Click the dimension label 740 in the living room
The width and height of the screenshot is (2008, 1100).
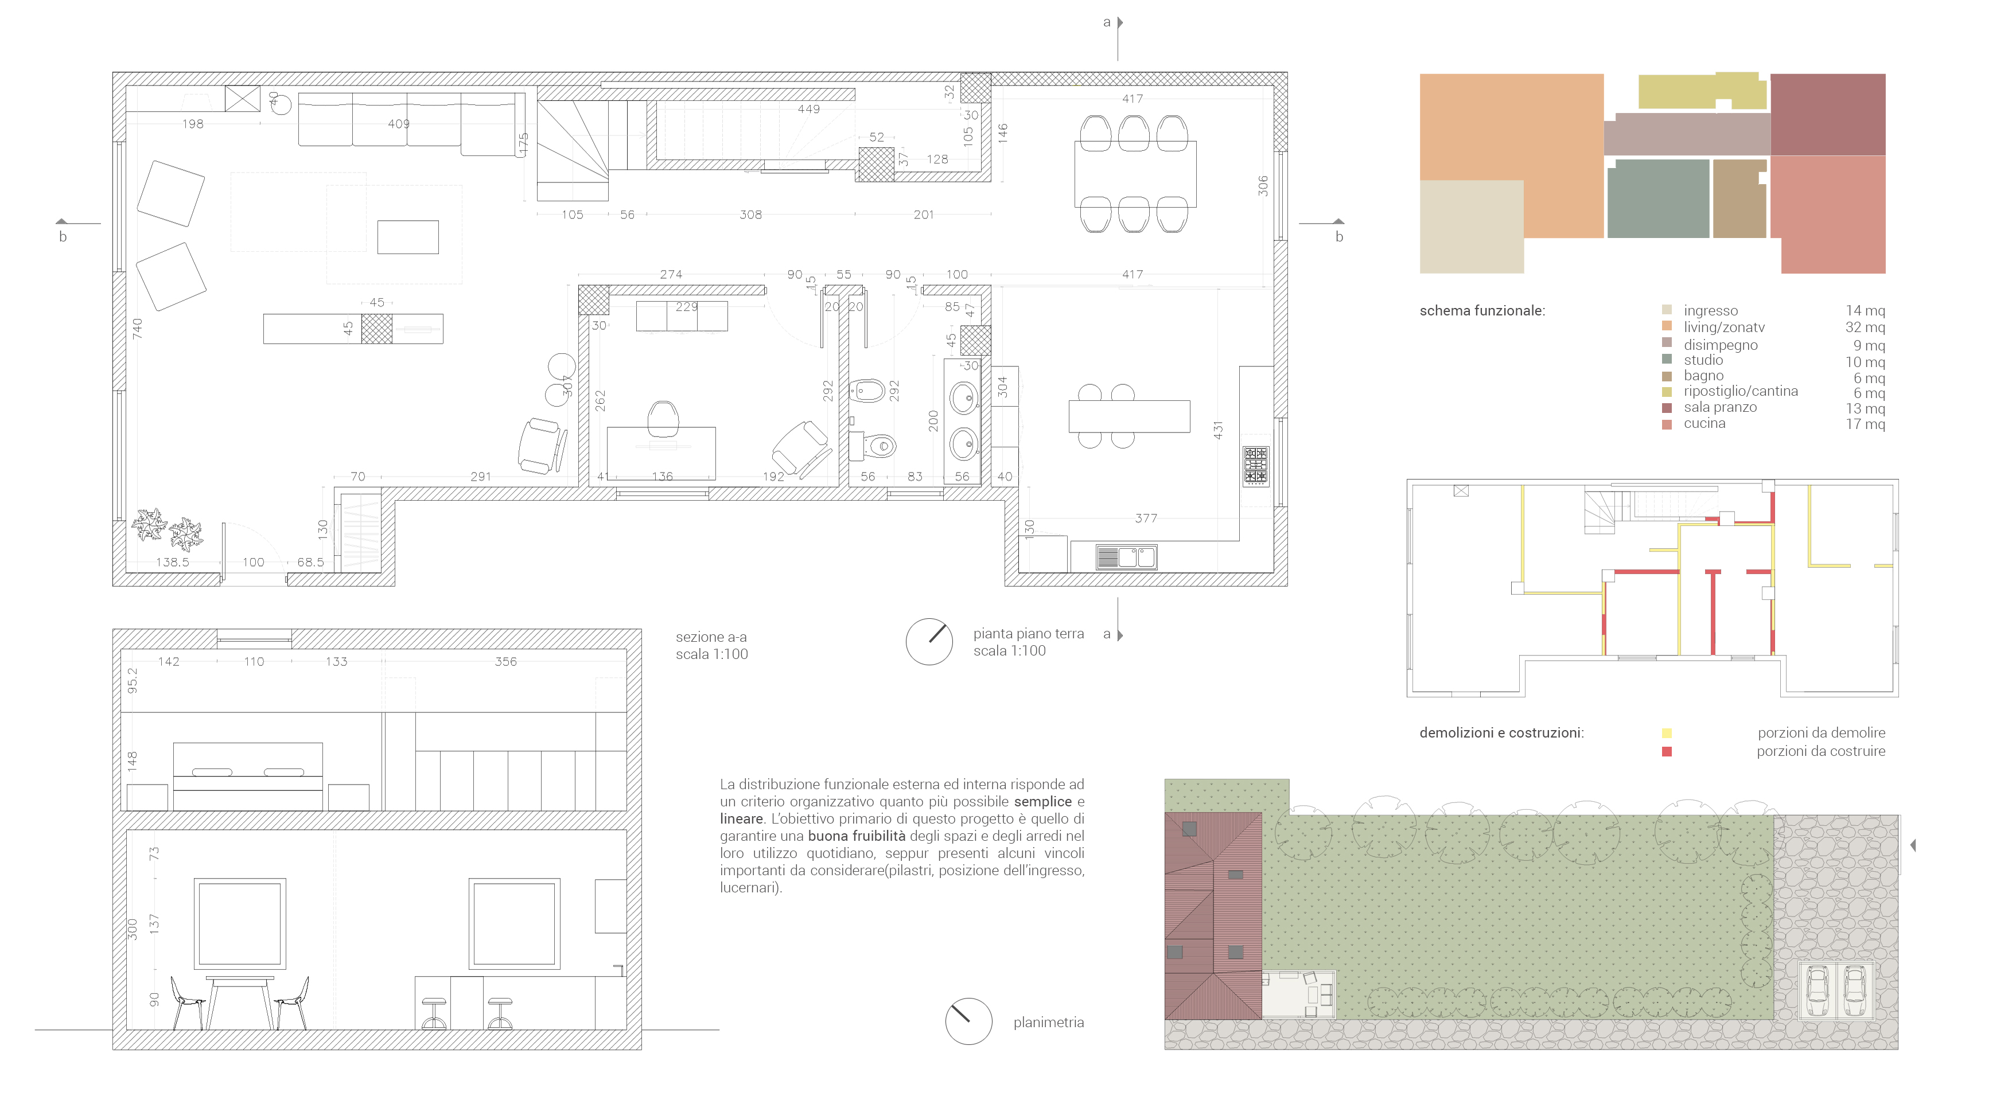(x=137, y=328)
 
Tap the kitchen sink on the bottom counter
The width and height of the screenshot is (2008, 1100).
(x=1126, y=557)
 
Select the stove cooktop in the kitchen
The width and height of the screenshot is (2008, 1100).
(x=1255, y=466)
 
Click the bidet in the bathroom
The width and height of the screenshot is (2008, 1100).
(x=867, y=389)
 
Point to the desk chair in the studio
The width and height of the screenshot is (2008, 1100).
(x=663, y=419)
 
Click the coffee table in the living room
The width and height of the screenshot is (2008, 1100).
(x=408, y=237)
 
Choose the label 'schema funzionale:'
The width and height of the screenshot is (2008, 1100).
(x=1482, y=311)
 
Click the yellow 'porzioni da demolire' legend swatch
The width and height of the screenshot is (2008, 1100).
(x=1667, y=733)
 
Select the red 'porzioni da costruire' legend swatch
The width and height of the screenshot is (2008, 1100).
(x=1667, y=752)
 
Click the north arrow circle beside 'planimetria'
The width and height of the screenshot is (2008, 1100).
(x=968, y=1021)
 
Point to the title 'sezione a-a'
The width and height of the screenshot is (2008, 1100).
(x=711, y=637)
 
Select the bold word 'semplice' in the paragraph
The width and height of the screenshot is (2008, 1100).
(x=1043, y=802)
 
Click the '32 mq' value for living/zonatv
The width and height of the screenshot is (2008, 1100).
(x=1865, y=327)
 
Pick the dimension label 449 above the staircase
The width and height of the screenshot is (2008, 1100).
(x=808, y=109)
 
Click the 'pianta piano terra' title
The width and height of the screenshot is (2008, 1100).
(x=1028, y=633)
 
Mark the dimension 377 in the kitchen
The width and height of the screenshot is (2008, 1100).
(x=1146, y=518)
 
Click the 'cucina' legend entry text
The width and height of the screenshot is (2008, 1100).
(x=1704, y=424)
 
